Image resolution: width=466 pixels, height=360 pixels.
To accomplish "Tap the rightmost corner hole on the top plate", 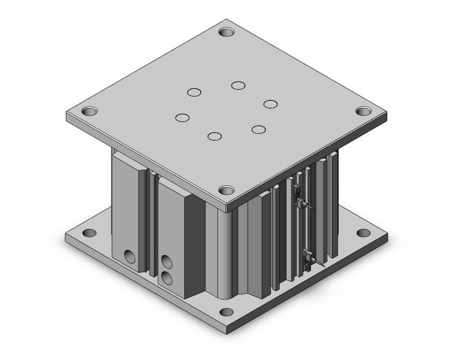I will coord(364,112).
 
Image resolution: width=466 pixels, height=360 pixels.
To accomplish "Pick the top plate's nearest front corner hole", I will coord(227,190).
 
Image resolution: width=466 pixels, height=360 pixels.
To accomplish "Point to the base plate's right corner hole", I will coord(364,234).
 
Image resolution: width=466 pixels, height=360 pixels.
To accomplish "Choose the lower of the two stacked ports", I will coord(166,279).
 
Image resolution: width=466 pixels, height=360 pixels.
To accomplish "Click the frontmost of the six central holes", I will coord(214,136).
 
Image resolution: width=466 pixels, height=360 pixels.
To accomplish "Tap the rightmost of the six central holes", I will coord(270,103).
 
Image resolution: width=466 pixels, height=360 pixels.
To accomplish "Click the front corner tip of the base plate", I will coord(227,331).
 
